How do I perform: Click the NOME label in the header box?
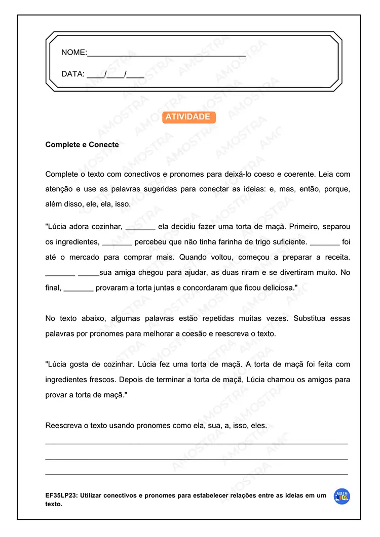click(x=73, y=52)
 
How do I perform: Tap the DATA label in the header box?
click(x=72, y=74)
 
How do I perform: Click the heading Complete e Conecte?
click(x=82, y=145)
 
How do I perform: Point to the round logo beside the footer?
click(x=342, y=497)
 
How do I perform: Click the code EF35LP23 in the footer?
click(x=61, y=496)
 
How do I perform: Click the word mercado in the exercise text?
click(x=89, y=257)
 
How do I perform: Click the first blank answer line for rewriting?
click(x=197, y=443)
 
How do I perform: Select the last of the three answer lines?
click(x=197, y=474)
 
